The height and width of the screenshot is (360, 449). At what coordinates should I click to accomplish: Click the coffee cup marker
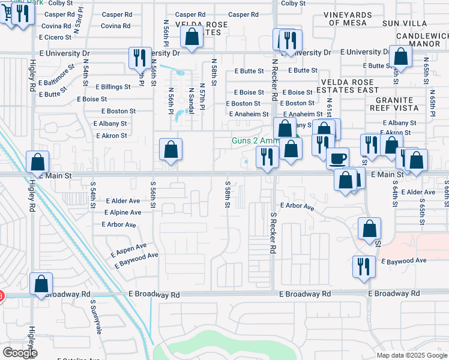(338, 158)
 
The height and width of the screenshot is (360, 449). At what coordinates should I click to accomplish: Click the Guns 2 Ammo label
(256, 142)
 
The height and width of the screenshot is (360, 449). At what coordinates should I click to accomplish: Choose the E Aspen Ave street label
(128, 250)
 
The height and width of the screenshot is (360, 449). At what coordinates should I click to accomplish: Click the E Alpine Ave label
(122, 212)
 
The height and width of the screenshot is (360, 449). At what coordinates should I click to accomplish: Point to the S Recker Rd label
(273, 231)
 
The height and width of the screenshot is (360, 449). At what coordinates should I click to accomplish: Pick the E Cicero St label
(55, 37)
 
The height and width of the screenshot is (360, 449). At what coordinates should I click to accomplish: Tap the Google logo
(20, 353)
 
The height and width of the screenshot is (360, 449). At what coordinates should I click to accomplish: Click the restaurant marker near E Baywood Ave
(364, 266)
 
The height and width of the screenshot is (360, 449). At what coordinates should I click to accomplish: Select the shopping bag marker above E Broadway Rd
(41, 284)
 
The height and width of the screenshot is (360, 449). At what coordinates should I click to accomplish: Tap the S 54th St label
(93, 194)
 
